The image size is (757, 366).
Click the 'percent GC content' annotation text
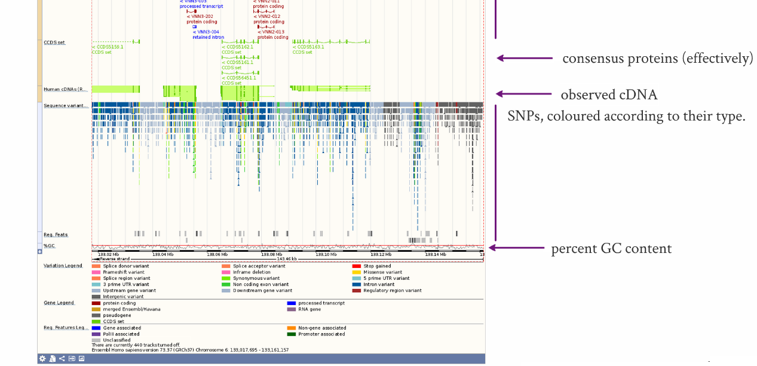click(x=611, y=249)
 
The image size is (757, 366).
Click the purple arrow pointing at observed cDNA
click(x=524, y=94)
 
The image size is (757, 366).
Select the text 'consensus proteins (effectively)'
click(x=657, y=59)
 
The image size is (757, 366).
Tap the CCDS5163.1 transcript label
click(x=309, y=47)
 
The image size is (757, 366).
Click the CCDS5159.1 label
click(x=108, y=47)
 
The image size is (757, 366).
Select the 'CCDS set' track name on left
click(x=54, y=42)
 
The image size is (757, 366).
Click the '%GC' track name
click(x=49, y=246)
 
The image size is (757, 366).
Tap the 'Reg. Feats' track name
click(x=56, y=234)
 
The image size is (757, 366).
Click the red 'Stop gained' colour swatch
click(x=356, y=266)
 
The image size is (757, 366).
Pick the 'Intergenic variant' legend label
click(x=123, y=297)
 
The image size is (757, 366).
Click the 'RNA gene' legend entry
click(x=309, y=309)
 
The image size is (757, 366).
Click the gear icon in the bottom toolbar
click(x=42, y=359)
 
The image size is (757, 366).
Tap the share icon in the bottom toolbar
click(x=62, y=359)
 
